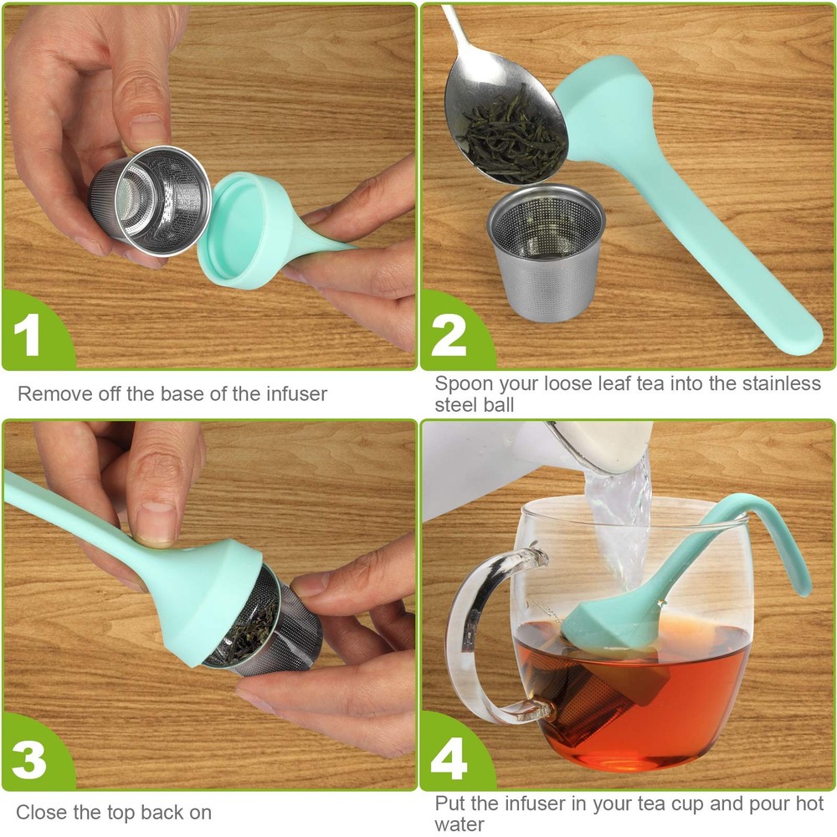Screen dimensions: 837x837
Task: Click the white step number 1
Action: coord(28,335)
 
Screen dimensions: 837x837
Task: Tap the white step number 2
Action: coord(449,336)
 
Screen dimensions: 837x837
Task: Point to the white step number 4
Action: coord(449,758)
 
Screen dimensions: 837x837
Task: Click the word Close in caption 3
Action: coord(40,812)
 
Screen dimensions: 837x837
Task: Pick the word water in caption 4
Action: coord(459,824)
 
